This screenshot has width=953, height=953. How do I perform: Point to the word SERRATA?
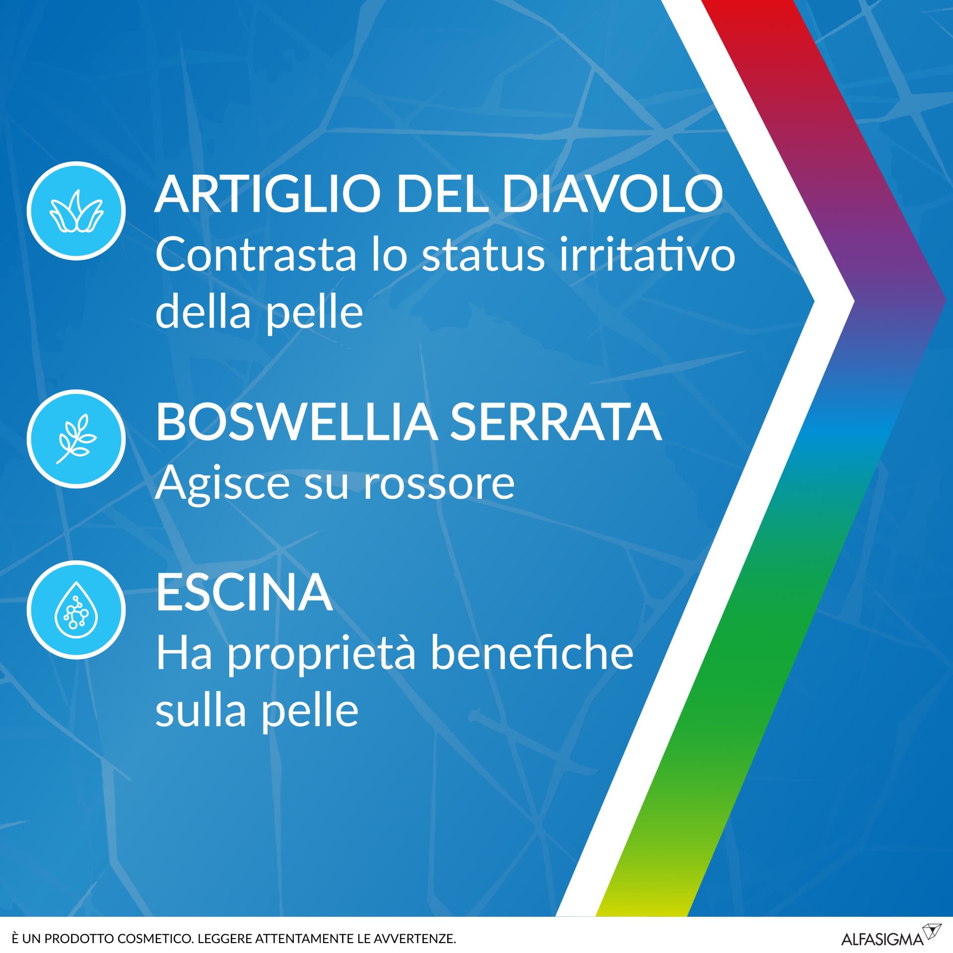555,422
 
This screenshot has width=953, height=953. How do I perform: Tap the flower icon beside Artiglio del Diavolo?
76,211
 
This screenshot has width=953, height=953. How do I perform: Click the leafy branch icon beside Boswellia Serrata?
76,439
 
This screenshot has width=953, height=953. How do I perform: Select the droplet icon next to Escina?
76,610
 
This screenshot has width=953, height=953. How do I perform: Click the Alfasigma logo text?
882,939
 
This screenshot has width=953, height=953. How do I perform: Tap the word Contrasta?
256,255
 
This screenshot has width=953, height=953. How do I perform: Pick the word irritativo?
647,255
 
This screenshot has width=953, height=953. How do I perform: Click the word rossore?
439,483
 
